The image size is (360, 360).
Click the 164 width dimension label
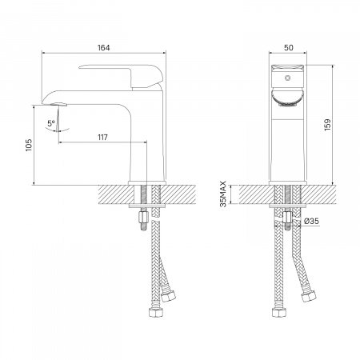(x=103, y=48)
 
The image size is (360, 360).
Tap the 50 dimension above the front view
(x=289, y=47)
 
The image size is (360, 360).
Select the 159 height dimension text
(x=327, y=125)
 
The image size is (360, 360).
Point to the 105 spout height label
(x=29, y=145)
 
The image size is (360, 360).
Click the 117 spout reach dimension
(x=102, y=138)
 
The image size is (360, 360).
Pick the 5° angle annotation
(x=51, y=123)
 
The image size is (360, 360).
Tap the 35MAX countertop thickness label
(x=223, y=194)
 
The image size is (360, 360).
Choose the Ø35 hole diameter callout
(x=311, y=221)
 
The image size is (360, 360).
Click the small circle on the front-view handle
(x=287, y=78)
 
